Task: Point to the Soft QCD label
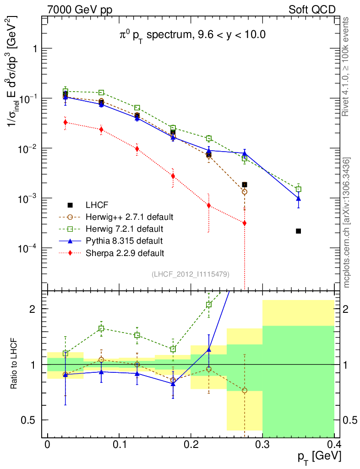point(312,10)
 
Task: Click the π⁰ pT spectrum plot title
point(192,35)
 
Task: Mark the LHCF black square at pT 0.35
point(298,231)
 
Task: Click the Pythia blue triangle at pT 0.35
point(298,198)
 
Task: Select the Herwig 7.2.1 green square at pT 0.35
point(298,189)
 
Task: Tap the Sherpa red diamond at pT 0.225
point(209,206)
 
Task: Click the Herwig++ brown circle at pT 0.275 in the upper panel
point(245,192)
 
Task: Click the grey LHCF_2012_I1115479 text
point(191,274)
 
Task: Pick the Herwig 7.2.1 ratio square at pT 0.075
point(101,328)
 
